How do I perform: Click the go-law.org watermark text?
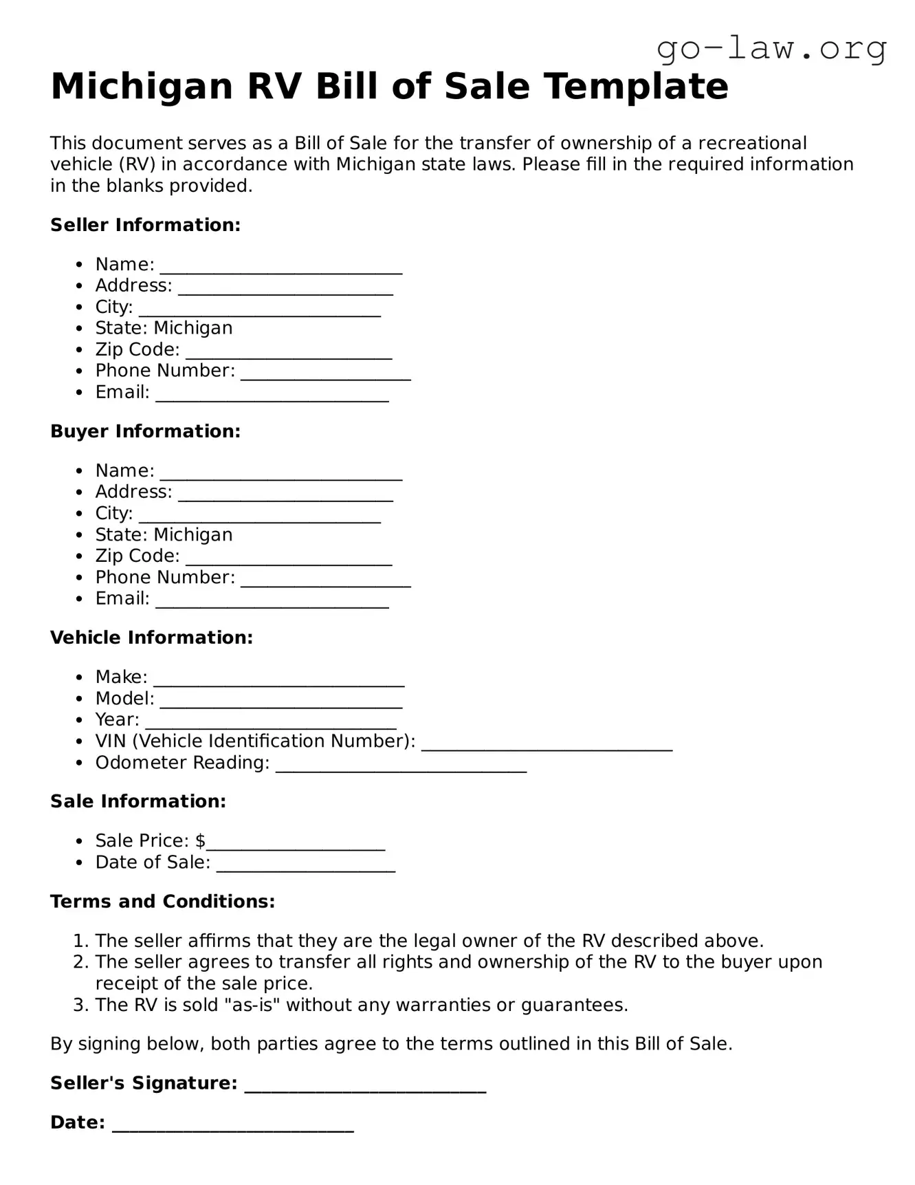click(x=771, y=49)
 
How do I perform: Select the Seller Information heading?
click(x=145, y=225)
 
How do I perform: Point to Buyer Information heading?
click(x=145, y=431)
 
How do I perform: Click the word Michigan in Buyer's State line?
click(x=193, y=534)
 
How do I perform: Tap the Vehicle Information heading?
click(x=151, y=638)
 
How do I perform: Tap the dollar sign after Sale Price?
click(x=200, y=840)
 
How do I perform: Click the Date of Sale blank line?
click(x=306, y=865)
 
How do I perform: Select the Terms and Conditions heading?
click(x=162, y=902)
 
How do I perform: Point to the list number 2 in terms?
click(x=79, y=961)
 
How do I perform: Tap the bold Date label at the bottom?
click(x=76, y=1122)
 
